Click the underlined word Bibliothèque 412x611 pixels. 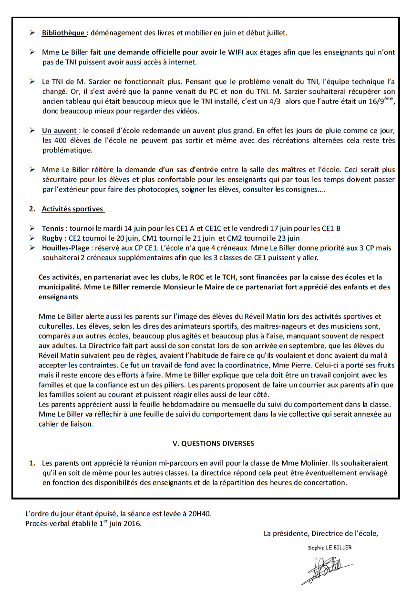pyautogui.click(x=63, y=33)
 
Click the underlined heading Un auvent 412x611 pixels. pyautogui.click(x=60, y=130)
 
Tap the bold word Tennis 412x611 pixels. pyautogui.click(x=52, y=228)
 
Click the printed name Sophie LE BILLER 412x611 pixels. pyautogui.click(x=330, y=548)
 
